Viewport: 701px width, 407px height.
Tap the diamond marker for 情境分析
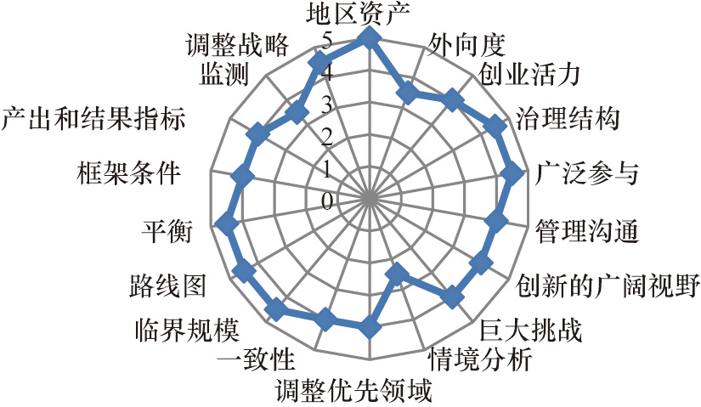pyautogui.click(x=395, y=274)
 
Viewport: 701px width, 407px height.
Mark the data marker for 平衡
pyautogui.click(x=225, y=225)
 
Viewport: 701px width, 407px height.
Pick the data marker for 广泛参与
pyautogui.click(x=512, y=173)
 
